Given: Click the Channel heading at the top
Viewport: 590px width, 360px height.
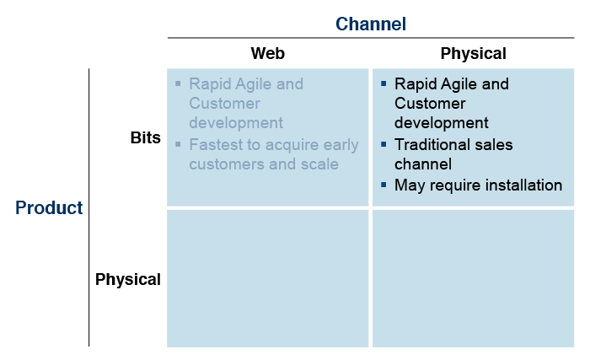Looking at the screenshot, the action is pos(371,24).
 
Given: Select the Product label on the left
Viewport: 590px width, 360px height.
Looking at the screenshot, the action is pos(49,207).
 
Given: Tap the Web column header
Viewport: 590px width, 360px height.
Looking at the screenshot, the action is pos(267,53).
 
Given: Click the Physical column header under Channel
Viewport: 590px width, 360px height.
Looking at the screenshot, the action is pos(473,53).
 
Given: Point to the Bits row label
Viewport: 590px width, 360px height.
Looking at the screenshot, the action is pos(145,137).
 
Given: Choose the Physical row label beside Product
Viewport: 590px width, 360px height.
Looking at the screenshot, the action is pos(128,279).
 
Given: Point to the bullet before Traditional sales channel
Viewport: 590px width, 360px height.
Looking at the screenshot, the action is pos(383,144).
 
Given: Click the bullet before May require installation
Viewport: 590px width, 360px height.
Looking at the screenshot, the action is pos(383,185).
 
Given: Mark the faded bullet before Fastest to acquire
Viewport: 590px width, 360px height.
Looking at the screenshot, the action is pos(179,144).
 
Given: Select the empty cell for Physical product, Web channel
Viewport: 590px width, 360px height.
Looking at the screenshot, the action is pos(267,279).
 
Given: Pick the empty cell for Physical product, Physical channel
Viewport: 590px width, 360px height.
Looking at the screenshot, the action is pos(474,279).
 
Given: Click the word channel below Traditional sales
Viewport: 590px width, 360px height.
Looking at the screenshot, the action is pos(423,164).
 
